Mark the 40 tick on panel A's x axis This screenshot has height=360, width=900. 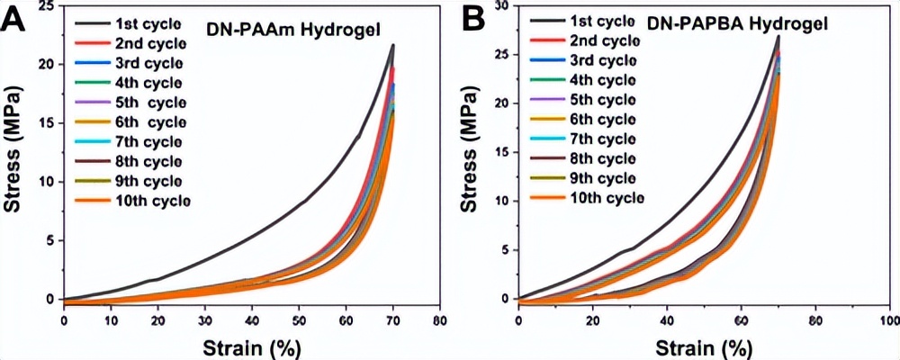[251, 319]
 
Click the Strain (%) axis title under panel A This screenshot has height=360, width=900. [251, 345]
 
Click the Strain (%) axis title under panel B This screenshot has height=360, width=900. [704, 345]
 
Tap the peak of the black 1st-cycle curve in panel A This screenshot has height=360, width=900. [392, 45]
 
